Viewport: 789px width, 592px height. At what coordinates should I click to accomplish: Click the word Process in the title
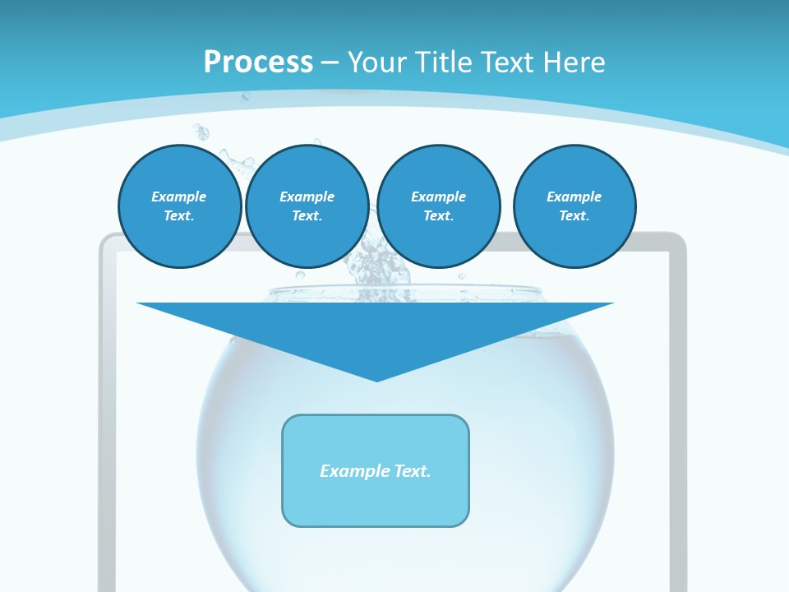tap(258, 62)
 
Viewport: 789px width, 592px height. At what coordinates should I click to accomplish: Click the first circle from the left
tap(179, 206)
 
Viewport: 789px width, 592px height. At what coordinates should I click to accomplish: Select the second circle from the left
tap(307, 206)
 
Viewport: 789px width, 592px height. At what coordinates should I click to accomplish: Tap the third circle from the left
tap(438, 206)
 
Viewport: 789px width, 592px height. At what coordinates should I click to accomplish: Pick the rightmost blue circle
tap(574, 206)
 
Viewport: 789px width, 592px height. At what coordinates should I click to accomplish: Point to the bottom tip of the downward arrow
tap(376, 379)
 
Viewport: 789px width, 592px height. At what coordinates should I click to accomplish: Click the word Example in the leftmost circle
tap(179, 197)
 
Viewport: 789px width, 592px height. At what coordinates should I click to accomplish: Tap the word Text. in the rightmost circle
tap(574, 216)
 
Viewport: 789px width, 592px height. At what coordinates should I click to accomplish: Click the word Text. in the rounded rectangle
tap(411, 471)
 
